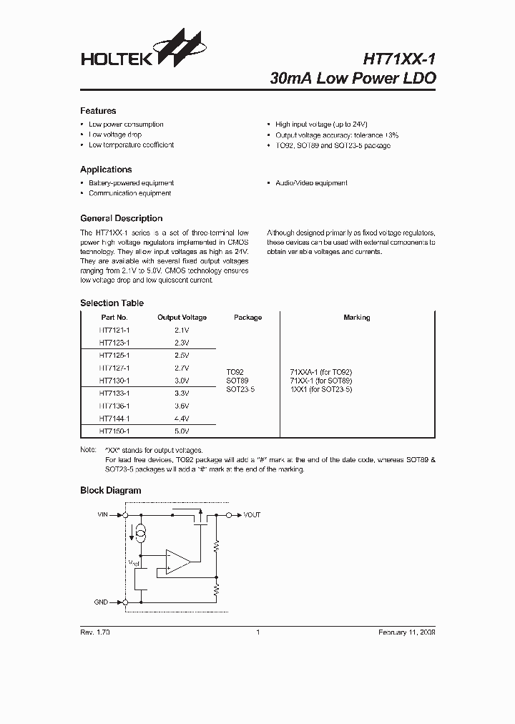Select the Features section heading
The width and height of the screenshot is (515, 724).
(x=98, y=111)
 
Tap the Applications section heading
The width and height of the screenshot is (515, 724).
(x=106, y=170)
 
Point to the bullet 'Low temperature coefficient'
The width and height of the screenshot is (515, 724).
(x=131, y=145)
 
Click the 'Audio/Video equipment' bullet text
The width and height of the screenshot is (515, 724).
(x=311, y=183)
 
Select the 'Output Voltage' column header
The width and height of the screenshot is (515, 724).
(x=182, y=318)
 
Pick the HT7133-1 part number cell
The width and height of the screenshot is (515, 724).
(x=114, y=393)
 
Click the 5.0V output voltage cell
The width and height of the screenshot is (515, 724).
(x=182, y=431)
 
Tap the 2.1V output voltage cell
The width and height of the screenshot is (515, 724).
(x=182, y=331)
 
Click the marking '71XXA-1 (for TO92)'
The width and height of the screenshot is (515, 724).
(x=320, y=373)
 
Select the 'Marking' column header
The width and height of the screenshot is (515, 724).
(x=356, y=318)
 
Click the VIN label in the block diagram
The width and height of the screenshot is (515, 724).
(x=103, y=514)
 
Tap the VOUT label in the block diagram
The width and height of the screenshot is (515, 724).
(x=252, y=514)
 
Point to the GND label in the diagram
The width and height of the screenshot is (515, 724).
(x=101, y=602)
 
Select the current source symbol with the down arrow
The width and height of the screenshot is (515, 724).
(x=142, y=532)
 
